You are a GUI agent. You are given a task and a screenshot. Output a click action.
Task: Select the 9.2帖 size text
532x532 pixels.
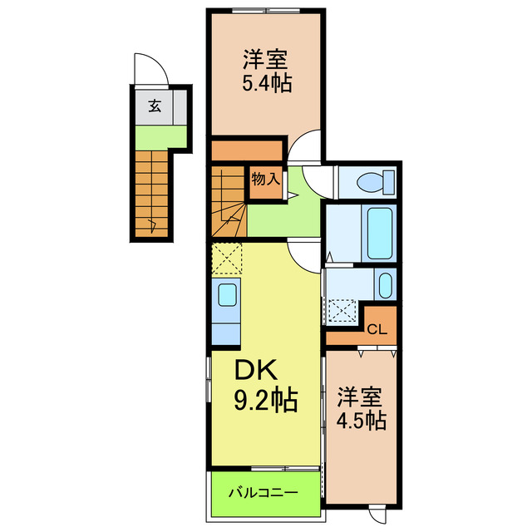tap(265, 401)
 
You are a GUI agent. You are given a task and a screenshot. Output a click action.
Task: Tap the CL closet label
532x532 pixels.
tap(377, 328)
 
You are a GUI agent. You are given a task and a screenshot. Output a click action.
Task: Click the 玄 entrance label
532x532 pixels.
tap(155, 106)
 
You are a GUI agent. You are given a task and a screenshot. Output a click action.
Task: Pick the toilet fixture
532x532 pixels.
tap(366, 181)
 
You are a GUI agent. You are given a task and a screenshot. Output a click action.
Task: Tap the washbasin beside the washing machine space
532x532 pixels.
tap(385, 285)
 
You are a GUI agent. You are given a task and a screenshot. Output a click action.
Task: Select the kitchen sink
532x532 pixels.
tap(226, 295)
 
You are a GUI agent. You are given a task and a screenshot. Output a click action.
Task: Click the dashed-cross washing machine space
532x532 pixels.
tap(342, 309)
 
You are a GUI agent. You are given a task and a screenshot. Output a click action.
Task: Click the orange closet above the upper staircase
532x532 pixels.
tap(247, 150)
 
